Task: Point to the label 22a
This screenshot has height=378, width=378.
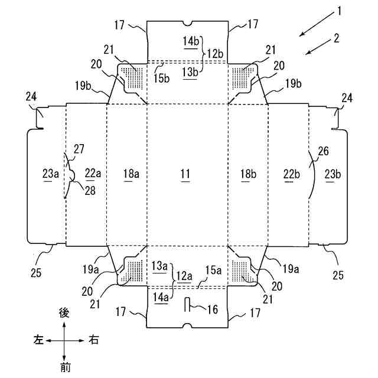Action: (93, 173)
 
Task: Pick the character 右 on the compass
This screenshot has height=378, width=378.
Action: (93, 340)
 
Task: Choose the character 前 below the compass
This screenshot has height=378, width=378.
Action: (64, 368)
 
